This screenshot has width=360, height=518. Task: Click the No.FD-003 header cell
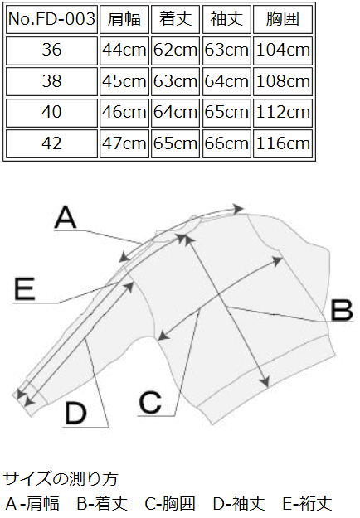[52, 19]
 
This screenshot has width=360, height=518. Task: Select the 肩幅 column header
[124, 19]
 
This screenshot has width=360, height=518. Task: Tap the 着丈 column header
[175, 19]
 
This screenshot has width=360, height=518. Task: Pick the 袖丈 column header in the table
[226, 19]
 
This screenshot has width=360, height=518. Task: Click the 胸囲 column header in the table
[283, 19]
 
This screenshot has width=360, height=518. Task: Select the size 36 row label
[52, 51]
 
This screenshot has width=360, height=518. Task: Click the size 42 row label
[52, 143]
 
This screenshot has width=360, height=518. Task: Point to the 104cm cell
[283, 51]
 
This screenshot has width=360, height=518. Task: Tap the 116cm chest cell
[283, 143]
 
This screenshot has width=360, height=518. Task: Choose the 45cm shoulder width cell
[124, 81]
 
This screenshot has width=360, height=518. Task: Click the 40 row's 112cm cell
[283, 113]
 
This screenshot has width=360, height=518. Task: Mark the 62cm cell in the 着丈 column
[175, 51]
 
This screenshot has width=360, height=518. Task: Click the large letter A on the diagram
[66, 217]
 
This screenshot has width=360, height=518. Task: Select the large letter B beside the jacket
[342, 310]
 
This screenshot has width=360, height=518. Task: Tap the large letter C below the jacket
[150, 402]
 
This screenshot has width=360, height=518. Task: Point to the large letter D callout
[75, 413]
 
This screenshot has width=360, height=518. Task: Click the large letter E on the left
[24, 289]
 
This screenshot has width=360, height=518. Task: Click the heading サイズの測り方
[61, 479]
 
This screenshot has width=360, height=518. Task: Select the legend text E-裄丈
[307, 504]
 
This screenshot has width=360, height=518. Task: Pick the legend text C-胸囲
[170, 504]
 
